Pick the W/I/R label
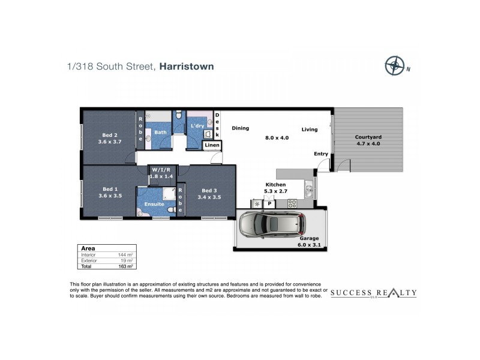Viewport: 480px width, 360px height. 160,169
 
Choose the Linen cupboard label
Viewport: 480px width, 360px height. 212,145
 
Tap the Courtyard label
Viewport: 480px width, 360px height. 368,137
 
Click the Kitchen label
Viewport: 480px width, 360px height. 276,185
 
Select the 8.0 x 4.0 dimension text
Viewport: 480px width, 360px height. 277,137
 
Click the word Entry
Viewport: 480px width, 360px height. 321,154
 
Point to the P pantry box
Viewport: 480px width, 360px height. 270,203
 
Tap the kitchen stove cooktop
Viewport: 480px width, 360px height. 292,203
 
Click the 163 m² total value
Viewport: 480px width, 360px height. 125,265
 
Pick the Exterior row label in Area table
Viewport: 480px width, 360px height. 89,260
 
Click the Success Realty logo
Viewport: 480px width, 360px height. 374,293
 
